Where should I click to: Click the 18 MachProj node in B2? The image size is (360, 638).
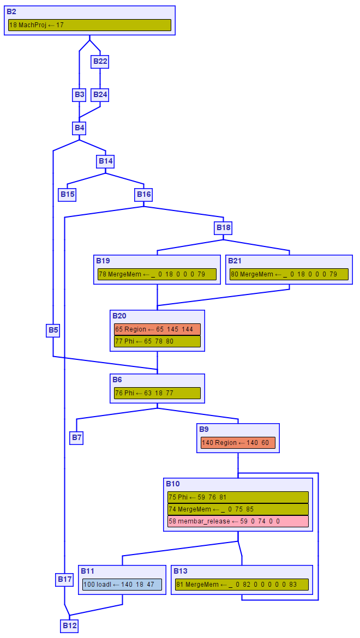click(x=89, y=25)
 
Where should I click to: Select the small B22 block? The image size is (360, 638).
click(x=100, y=61)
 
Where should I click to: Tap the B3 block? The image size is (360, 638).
click(x=80, y=94)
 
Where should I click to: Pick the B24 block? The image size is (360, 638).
click(x=100, y=94)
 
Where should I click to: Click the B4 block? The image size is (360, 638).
click(x=80, y=128)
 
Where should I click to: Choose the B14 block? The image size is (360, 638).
click(x=106, y=161)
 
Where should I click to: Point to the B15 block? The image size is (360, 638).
click(x=67, y=195)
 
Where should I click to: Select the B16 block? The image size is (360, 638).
click(x=144, y=195)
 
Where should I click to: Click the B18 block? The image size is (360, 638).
click(x=224, y=227)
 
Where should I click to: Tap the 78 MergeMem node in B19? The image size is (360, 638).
click(x=157, y=274)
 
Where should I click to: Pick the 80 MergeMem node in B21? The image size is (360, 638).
click(x=289, y=274)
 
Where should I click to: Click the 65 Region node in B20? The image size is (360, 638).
click(x=157, y=329)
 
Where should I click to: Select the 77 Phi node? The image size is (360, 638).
click(x=157, y=341)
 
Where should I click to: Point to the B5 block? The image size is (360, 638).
click(x=53, y=330)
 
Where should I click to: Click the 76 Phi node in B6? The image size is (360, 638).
click(x=157, y=393)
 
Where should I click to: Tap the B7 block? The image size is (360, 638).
click(x=76, y=437)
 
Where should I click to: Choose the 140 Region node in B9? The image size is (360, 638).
click(x=238, y=443)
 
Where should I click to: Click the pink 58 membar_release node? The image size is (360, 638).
click(x=238, y=521)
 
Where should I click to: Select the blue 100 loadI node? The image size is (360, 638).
click(x=122, y=585)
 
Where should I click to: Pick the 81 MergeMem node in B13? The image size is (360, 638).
click(x=242, y=585)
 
